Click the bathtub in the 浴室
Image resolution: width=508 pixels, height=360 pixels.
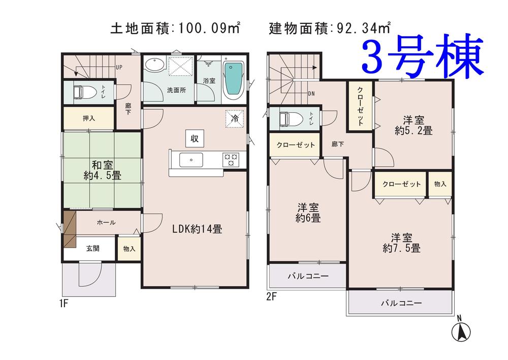click(233, 80)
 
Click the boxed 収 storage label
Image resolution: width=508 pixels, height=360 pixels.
click(194, 138)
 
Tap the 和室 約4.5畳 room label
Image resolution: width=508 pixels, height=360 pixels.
click(102, 170)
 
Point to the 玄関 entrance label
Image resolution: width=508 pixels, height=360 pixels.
click(92, 249)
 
